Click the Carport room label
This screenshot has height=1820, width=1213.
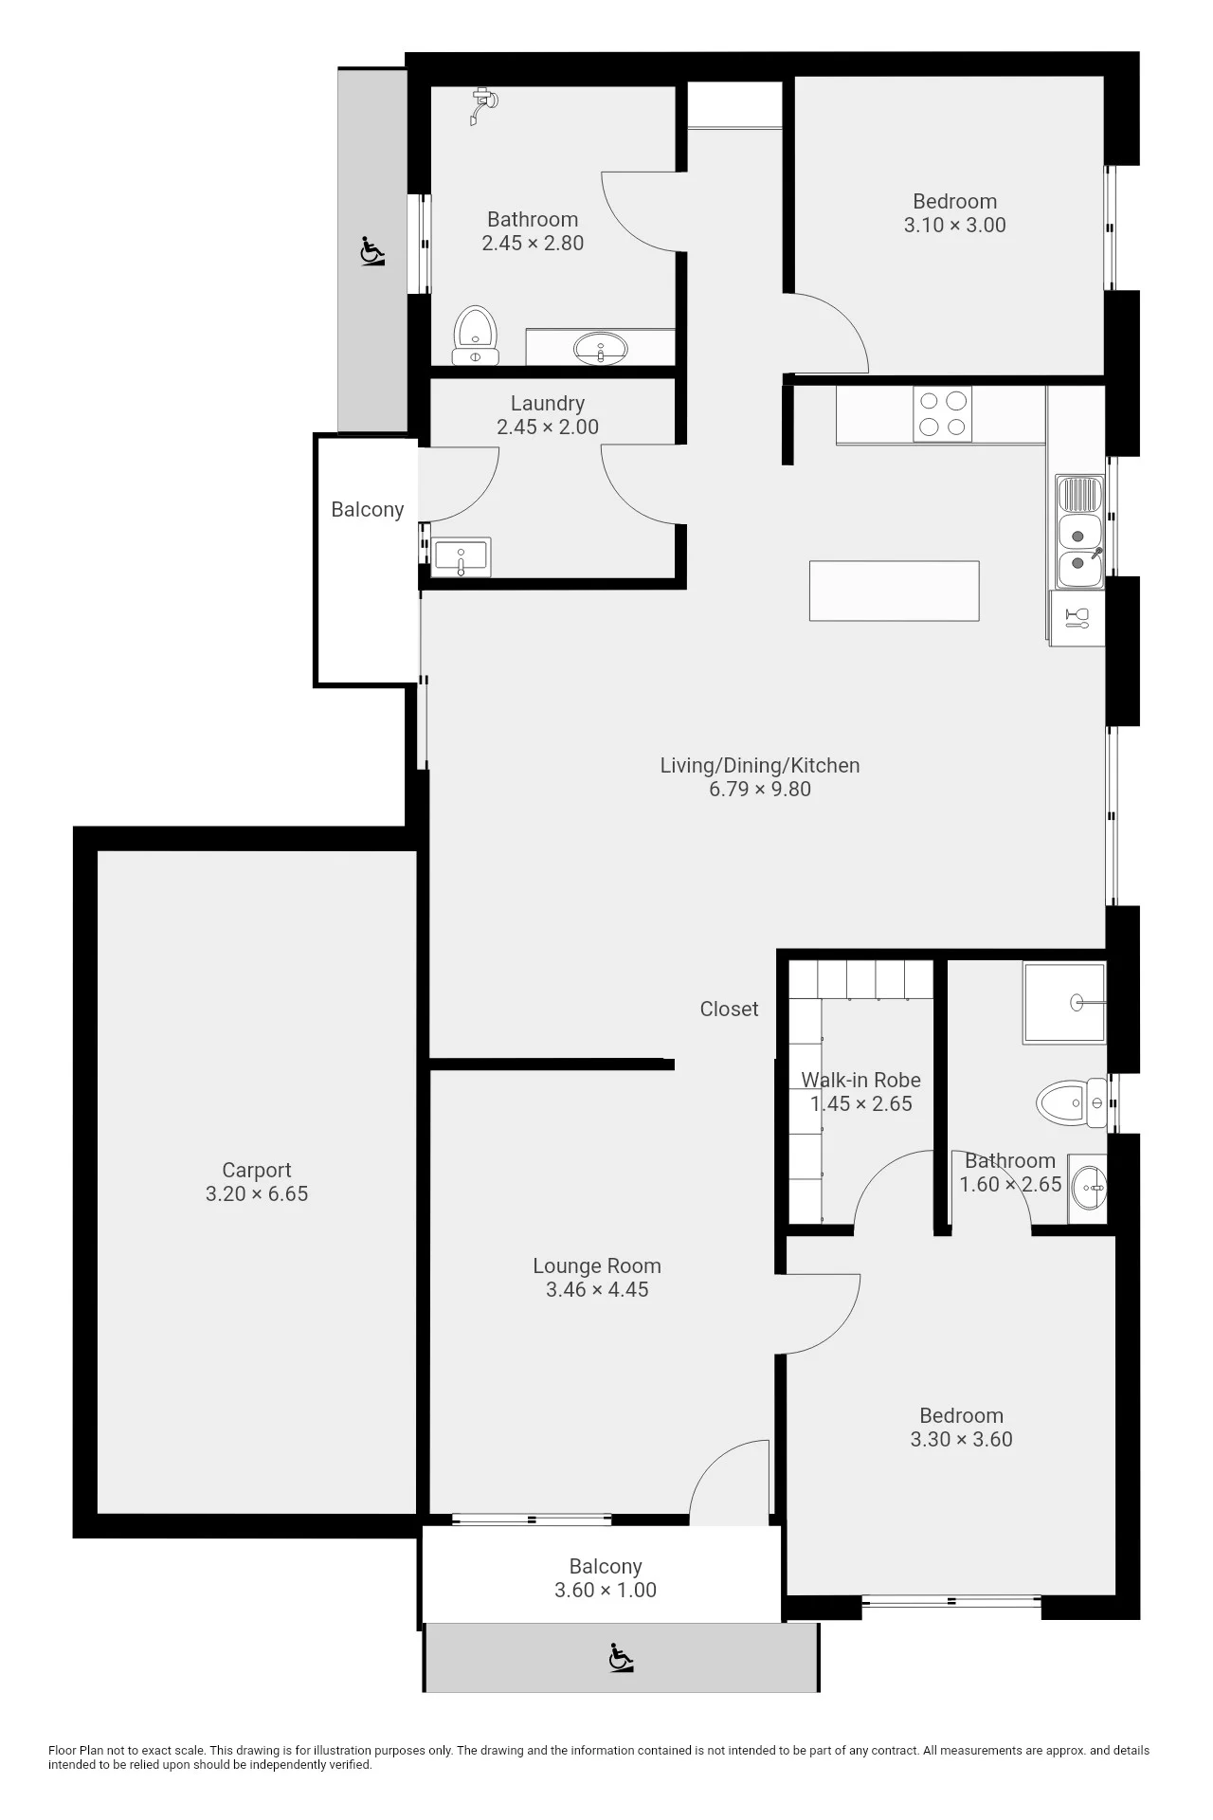(256, 1170)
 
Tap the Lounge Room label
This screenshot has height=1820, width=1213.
(597, 1265)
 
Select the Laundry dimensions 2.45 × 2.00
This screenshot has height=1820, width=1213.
(548, 428)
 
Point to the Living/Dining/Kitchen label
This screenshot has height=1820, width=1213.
(760, 765)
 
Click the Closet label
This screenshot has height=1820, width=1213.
(729, 1009)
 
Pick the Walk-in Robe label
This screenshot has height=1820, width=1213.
(860, 1080)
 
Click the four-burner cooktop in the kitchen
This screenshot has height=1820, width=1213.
(942, 414)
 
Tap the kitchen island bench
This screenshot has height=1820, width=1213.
(894, 591)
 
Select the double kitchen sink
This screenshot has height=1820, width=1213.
(1079, 531)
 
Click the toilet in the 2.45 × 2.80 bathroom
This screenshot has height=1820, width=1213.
(475, 336)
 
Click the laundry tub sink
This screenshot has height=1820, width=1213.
(461, 556)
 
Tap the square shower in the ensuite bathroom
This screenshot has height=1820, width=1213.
(1064, 1003)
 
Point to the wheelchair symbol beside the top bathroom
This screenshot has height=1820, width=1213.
(373, 251)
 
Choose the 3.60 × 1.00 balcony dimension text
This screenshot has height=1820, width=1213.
(606, 1591)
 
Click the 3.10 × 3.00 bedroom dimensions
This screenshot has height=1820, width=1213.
(954, 226)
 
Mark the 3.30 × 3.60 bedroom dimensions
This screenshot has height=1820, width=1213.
(961, 1439)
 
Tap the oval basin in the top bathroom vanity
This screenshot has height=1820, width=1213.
(600, 348)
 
